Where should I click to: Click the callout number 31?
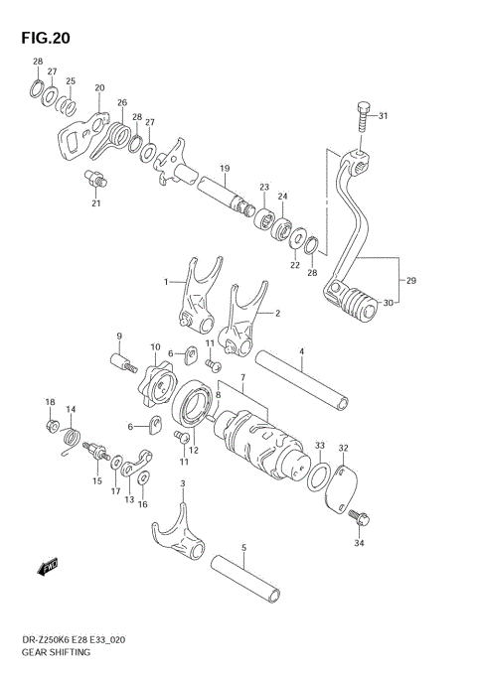pos(383,116)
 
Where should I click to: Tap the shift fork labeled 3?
pos(180,530)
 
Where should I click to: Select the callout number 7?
pos(243,378)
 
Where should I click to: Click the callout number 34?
pos(360,543)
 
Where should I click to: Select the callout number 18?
pos(50,401)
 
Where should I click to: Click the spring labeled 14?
pos(71,437)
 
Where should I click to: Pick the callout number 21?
pos(95,204)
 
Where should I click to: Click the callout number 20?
pos(98,88)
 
